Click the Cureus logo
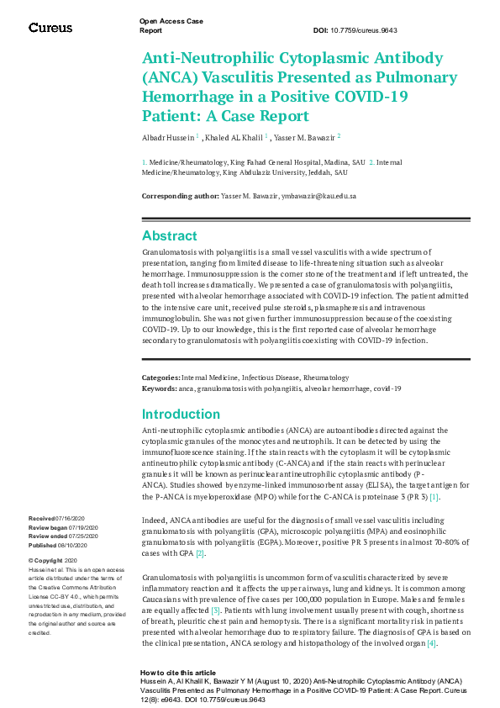[x=50, y=28]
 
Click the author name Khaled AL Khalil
[x=236, y=136]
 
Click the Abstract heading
[x=170, y=236]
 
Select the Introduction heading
[x=181, y=414]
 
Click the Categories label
[x=161, y=378]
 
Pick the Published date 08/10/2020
[x=71, y=544]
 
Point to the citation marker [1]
[x=434, y=498]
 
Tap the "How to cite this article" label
[x=177, y=673]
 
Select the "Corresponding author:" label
[x=180, y=196]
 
